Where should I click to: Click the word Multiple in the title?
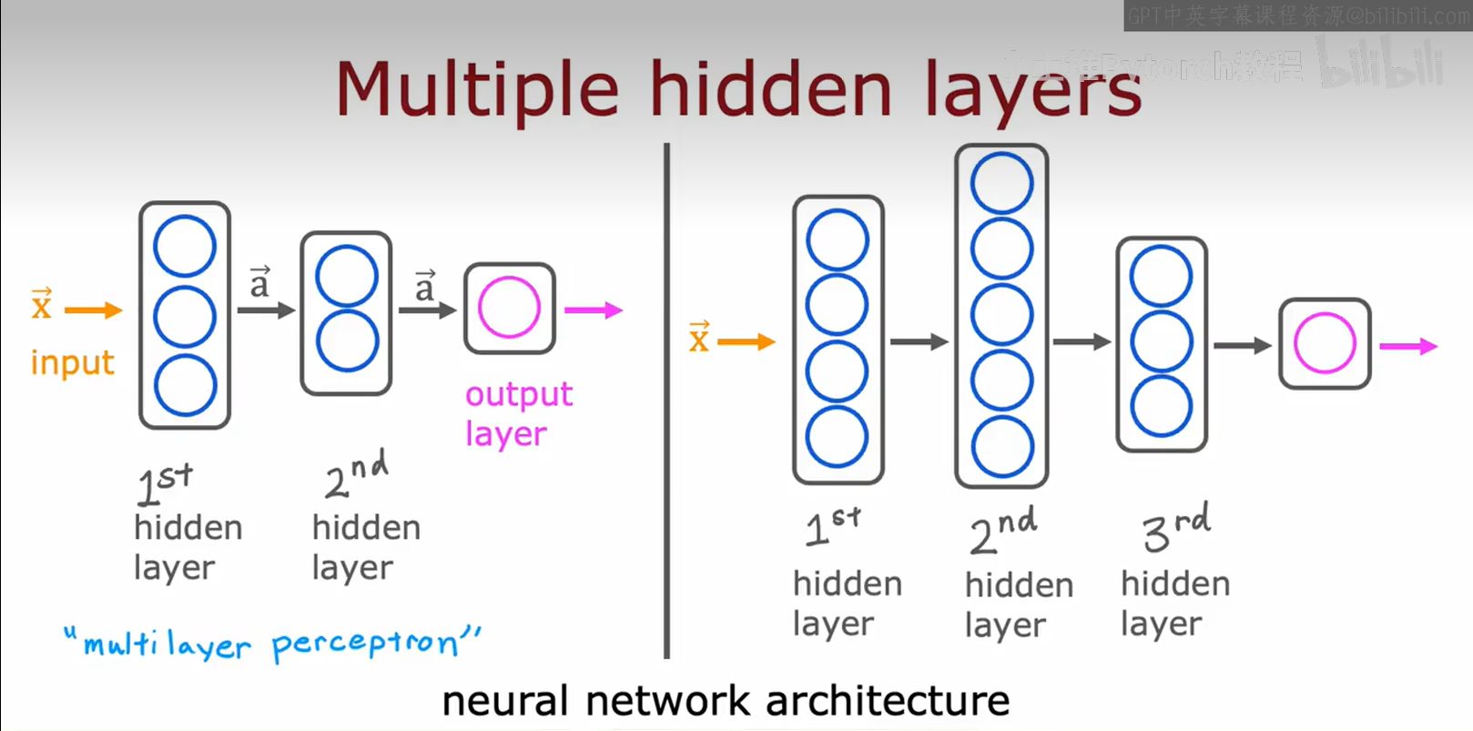(x=477, y=89)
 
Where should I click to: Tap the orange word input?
(x=73, y=362)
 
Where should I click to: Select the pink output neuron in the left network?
(x=509, y=308)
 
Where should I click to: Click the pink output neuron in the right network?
(x=1325, y=343)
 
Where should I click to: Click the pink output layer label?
(x=518, y=413)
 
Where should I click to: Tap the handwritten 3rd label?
(x=1175, y=527)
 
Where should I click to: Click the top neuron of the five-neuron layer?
(x=1001, y=183)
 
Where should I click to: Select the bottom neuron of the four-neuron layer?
(x=837, y=436)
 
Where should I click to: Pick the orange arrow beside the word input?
(x=93, y=310)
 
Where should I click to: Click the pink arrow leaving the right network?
(x=1407, y=346)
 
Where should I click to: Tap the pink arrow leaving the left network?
(x=593, y=310)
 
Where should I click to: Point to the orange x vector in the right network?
(x=699, y=337)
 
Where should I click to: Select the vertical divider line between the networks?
(x=667, y=401)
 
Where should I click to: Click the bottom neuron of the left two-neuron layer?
(x=347, y=341)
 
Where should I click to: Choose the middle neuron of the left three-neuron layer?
(x=185, y=316)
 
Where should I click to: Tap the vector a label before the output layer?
(x=425, y=286)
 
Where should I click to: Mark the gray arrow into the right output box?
(x=1242, y=345)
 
